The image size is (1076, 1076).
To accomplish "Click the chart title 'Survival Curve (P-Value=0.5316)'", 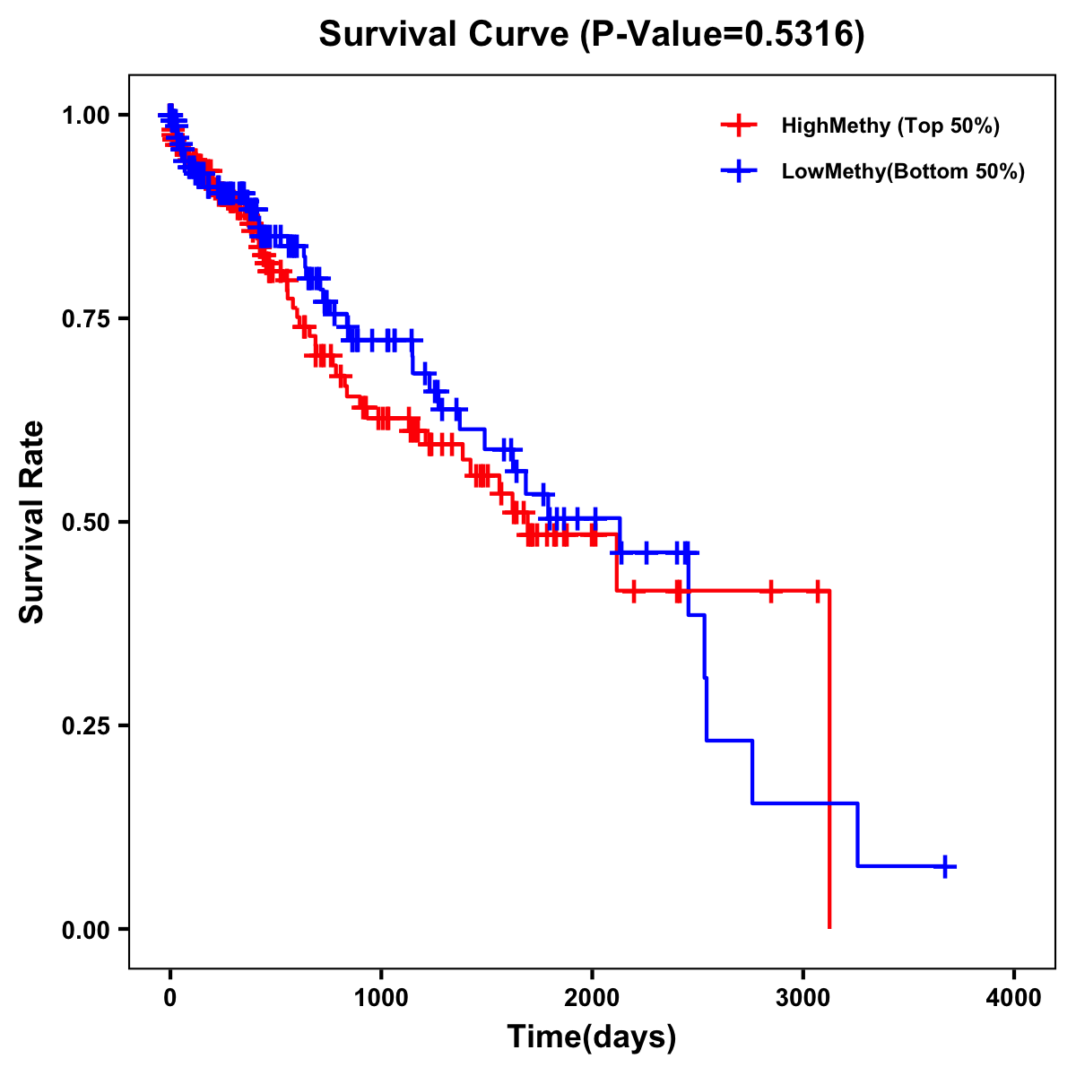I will tap(592, 35).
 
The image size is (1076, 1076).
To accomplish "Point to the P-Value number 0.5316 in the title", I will tap(794, 35).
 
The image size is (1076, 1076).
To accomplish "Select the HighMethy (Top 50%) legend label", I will tap(890, 126).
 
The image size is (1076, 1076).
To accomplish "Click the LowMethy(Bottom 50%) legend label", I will tap(903, 171).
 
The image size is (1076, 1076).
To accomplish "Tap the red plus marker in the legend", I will tap(738, 126).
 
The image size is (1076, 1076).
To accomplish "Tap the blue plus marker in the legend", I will tap(738, 171).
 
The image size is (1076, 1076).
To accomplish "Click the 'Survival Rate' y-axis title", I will tap(32, 522).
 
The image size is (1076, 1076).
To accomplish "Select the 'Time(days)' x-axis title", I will tap(592, 1037).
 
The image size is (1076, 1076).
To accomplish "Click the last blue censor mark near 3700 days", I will tap(945, 866).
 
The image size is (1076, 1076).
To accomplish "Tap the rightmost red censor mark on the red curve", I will tap(818, 591).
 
